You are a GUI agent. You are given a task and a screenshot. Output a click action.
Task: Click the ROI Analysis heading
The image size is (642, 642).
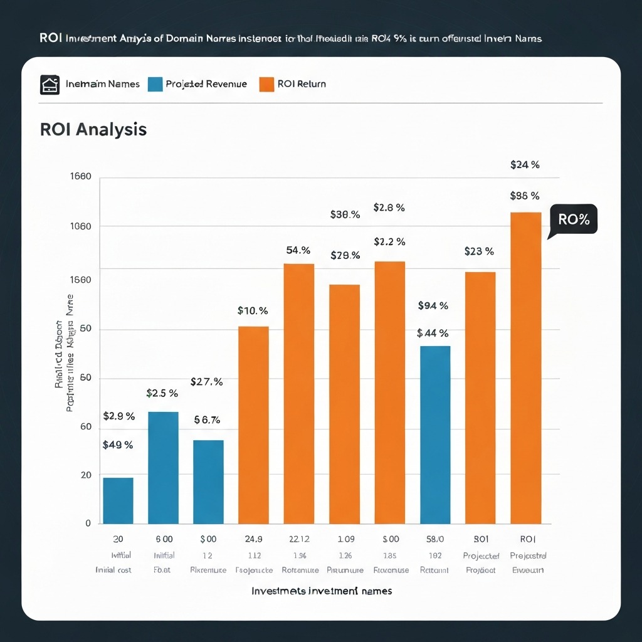[x=93, y=129]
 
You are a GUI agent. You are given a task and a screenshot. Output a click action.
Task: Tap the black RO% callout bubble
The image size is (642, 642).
[x=574, y=220]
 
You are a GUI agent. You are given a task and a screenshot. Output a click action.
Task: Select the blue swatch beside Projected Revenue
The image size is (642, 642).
[x=155, y=84]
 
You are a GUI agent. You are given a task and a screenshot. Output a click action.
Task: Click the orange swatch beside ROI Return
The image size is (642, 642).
[x=266, y=84]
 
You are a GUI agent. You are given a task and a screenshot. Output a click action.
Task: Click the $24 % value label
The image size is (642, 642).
[x=525, y=165]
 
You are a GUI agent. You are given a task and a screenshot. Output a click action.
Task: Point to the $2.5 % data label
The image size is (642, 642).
[x=162, y=394]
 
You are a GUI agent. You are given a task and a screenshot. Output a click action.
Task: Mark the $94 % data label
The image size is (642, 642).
[x=433, y=306]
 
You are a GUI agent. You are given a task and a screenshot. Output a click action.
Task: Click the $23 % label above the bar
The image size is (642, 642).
[x=479, y=251]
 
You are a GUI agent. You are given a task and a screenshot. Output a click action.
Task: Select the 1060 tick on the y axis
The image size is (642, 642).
[x=80, y=226]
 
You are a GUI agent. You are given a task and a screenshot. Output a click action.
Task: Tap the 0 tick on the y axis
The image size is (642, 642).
[x=88, y=524]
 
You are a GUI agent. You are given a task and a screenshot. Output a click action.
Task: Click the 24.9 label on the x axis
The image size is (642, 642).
[x=253, y=539]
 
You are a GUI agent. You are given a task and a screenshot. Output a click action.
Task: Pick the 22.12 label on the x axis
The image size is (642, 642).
[x=299, y=539]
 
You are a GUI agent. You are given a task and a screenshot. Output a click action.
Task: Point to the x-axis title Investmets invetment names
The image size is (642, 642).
[x=322, y=591]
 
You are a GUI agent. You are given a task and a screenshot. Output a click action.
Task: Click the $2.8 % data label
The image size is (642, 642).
[x=389, y=208]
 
